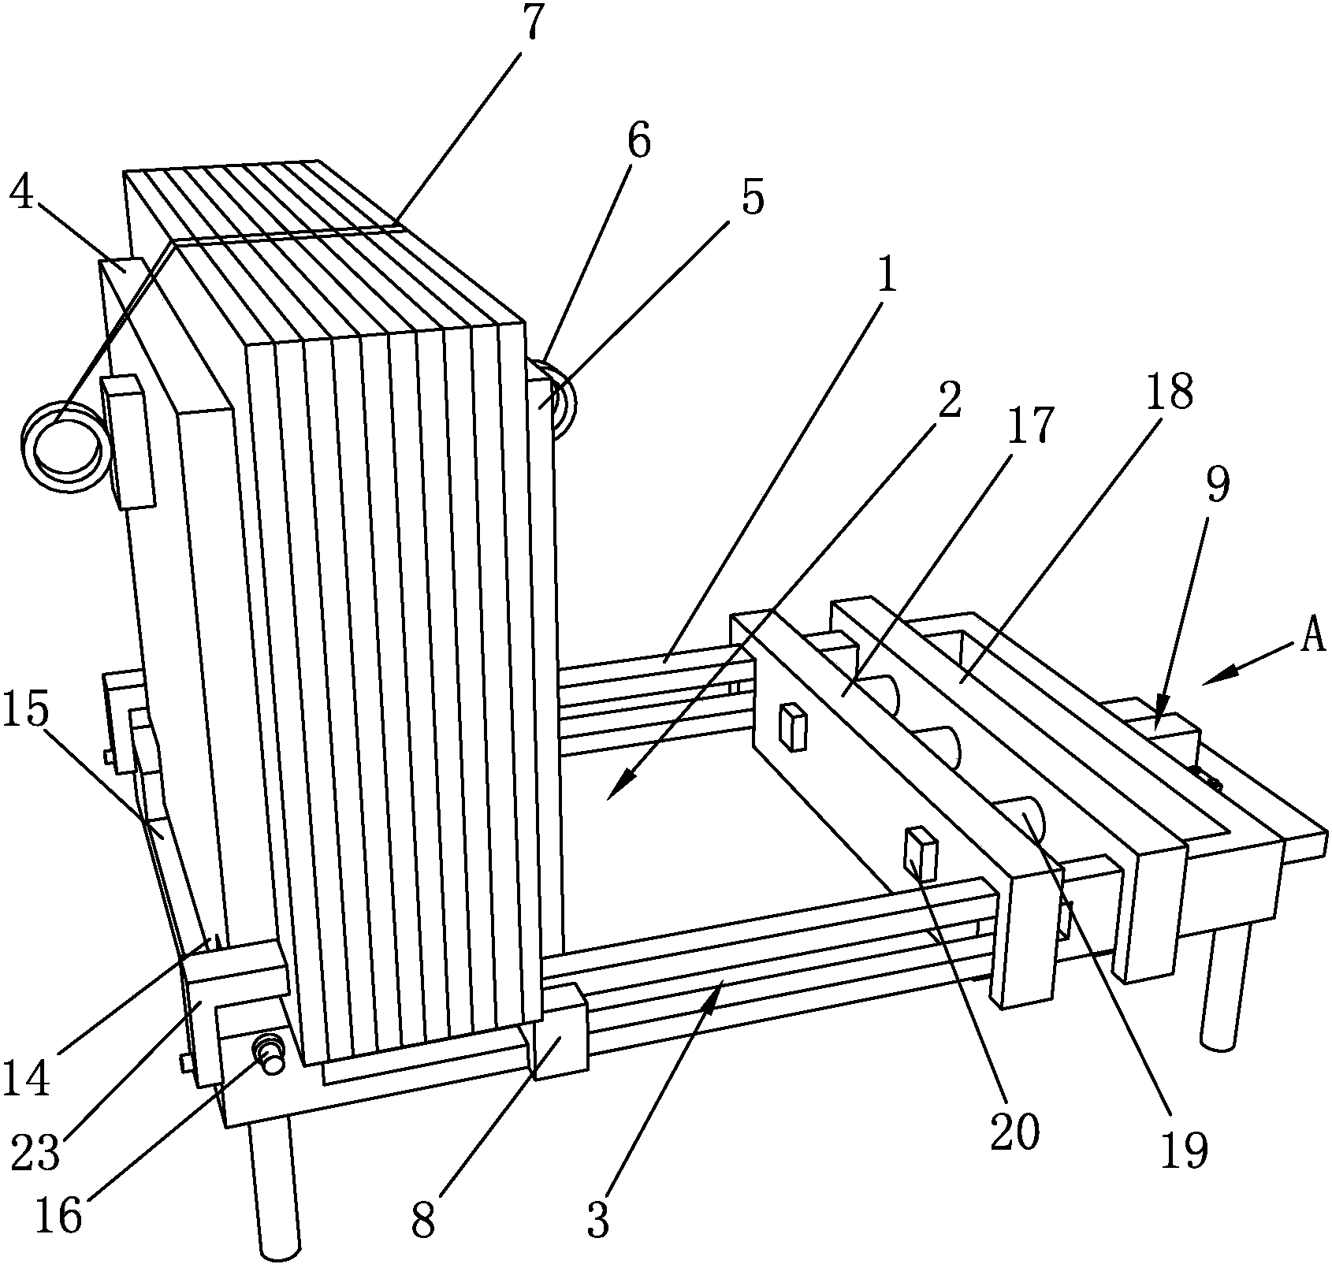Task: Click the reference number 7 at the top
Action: [x=534, y=24]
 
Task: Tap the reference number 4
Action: [x=21, y=193]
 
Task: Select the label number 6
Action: [x=639, y=143]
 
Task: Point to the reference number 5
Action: [x=753, y=199]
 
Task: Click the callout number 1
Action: [x=887, y=276]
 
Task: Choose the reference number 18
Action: [x=1170, y=392]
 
